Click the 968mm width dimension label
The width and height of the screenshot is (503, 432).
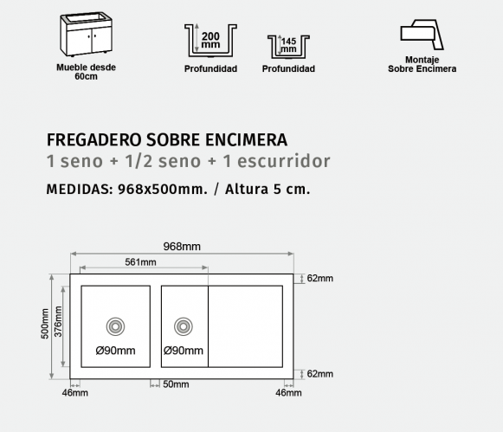[x=182, y=247]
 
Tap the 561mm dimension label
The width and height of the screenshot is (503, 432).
[x=140, y=262]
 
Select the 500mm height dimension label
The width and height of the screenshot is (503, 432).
[x=45, y=324]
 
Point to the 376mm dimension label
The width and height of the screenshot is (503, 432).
[x=58, y=321]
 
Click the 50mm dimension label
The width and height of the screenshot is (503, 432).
[x=176, y=384]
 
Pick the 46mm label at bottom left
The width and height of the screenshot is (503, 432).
[x=75, y=392]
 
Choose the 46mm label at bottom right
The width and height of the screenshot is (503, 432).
[x=288, y=392]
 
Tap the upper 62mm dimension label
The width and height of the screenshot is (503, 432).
[x=319, y=278]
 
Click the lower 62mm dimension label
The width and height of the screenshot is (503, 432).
[x=319, y=374]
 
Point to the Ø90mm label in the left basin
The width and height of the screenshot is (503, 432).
[x=115, y=351]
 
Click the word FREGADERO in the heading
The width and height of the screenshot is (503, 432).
[x=94, y=140]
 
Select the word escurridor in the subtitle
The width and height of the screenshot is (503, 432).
[x=284, y=161]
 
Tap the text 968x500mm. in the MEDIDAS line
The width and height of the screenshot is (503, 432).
[x=163, y=190]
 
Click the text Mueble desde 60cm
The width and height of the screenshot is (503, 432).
[x=86, y=72]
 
